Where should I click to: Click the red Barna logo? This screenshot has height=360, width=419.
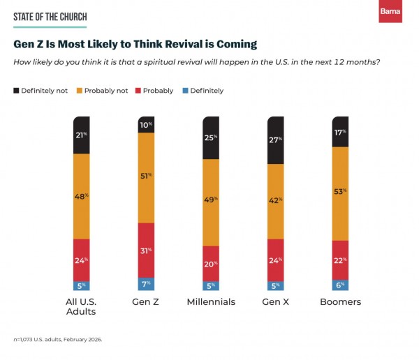tap(390, 12)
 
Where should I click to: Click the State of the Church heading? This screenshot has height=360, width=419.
tap(49, 16)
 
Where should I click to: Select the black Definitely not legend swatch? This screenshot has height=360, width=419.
tap(16, 91)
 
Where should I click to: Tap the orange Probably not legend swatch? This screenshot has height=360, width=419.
tap(80, 91)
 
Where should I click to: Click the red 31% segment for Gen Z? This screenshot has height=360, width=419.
tap(146, 250)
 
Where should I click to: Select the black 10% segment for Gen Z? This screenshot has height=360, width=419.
tap(146, 126)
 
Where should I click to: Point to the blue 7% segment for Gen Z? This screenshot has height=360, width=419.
tap(146, 283)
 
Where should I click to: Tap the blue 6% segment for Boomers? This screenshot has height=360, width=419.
tap(340, 285)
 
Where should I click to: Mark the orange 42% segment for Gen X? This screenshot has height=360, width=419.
tap(276, 201)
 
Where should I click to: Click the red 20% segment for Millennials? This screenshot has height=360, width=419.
tap(211, 263)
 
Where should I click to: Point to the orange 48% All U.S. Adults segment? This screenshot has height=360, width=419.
tap(82, 196)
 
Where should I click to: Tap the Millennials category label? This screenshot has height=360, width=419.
tap(211, 302)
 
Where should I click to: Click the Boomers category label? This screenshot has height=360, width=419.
tap(340, 302)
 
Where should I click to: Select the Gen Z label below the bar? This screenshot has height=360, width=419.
tap(146, 302)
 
